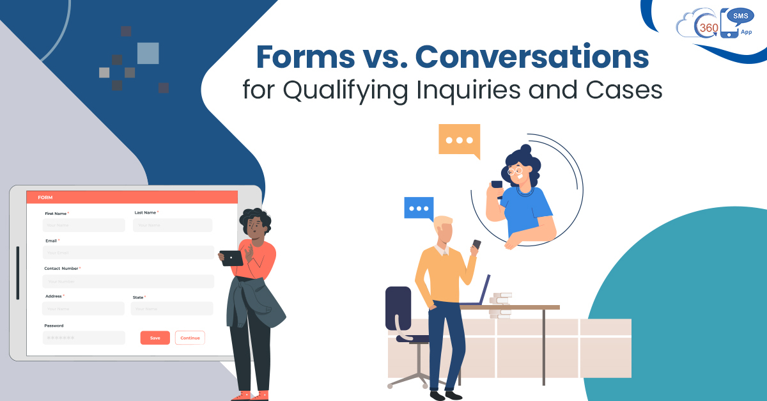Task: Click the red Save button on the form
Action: (x=155, y=338)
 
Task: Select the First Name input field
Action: (x=84, y=225)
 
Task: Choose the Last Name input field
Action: (x=173, y=225)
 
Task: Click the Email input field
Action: (x=128, y=253)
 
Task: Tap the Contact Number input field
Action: (x=128, y=281)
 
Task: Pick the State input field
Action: (x=172, y=309)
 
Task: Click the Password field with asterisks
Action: (x=84, y=338)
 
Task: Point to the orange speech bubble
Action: (x=459, y=140)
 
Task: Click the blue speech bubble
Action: (x=419, y=208)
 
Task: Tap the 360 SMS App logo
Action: (x=715, y=24)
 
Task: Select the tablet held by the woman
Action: (x=231, y=258)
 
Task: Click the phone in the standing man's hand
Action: (x=476, y=244)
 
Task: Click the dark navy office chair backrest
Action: (x=398, y=308)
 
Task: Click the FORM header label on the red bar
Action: (x=45, y=197)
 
